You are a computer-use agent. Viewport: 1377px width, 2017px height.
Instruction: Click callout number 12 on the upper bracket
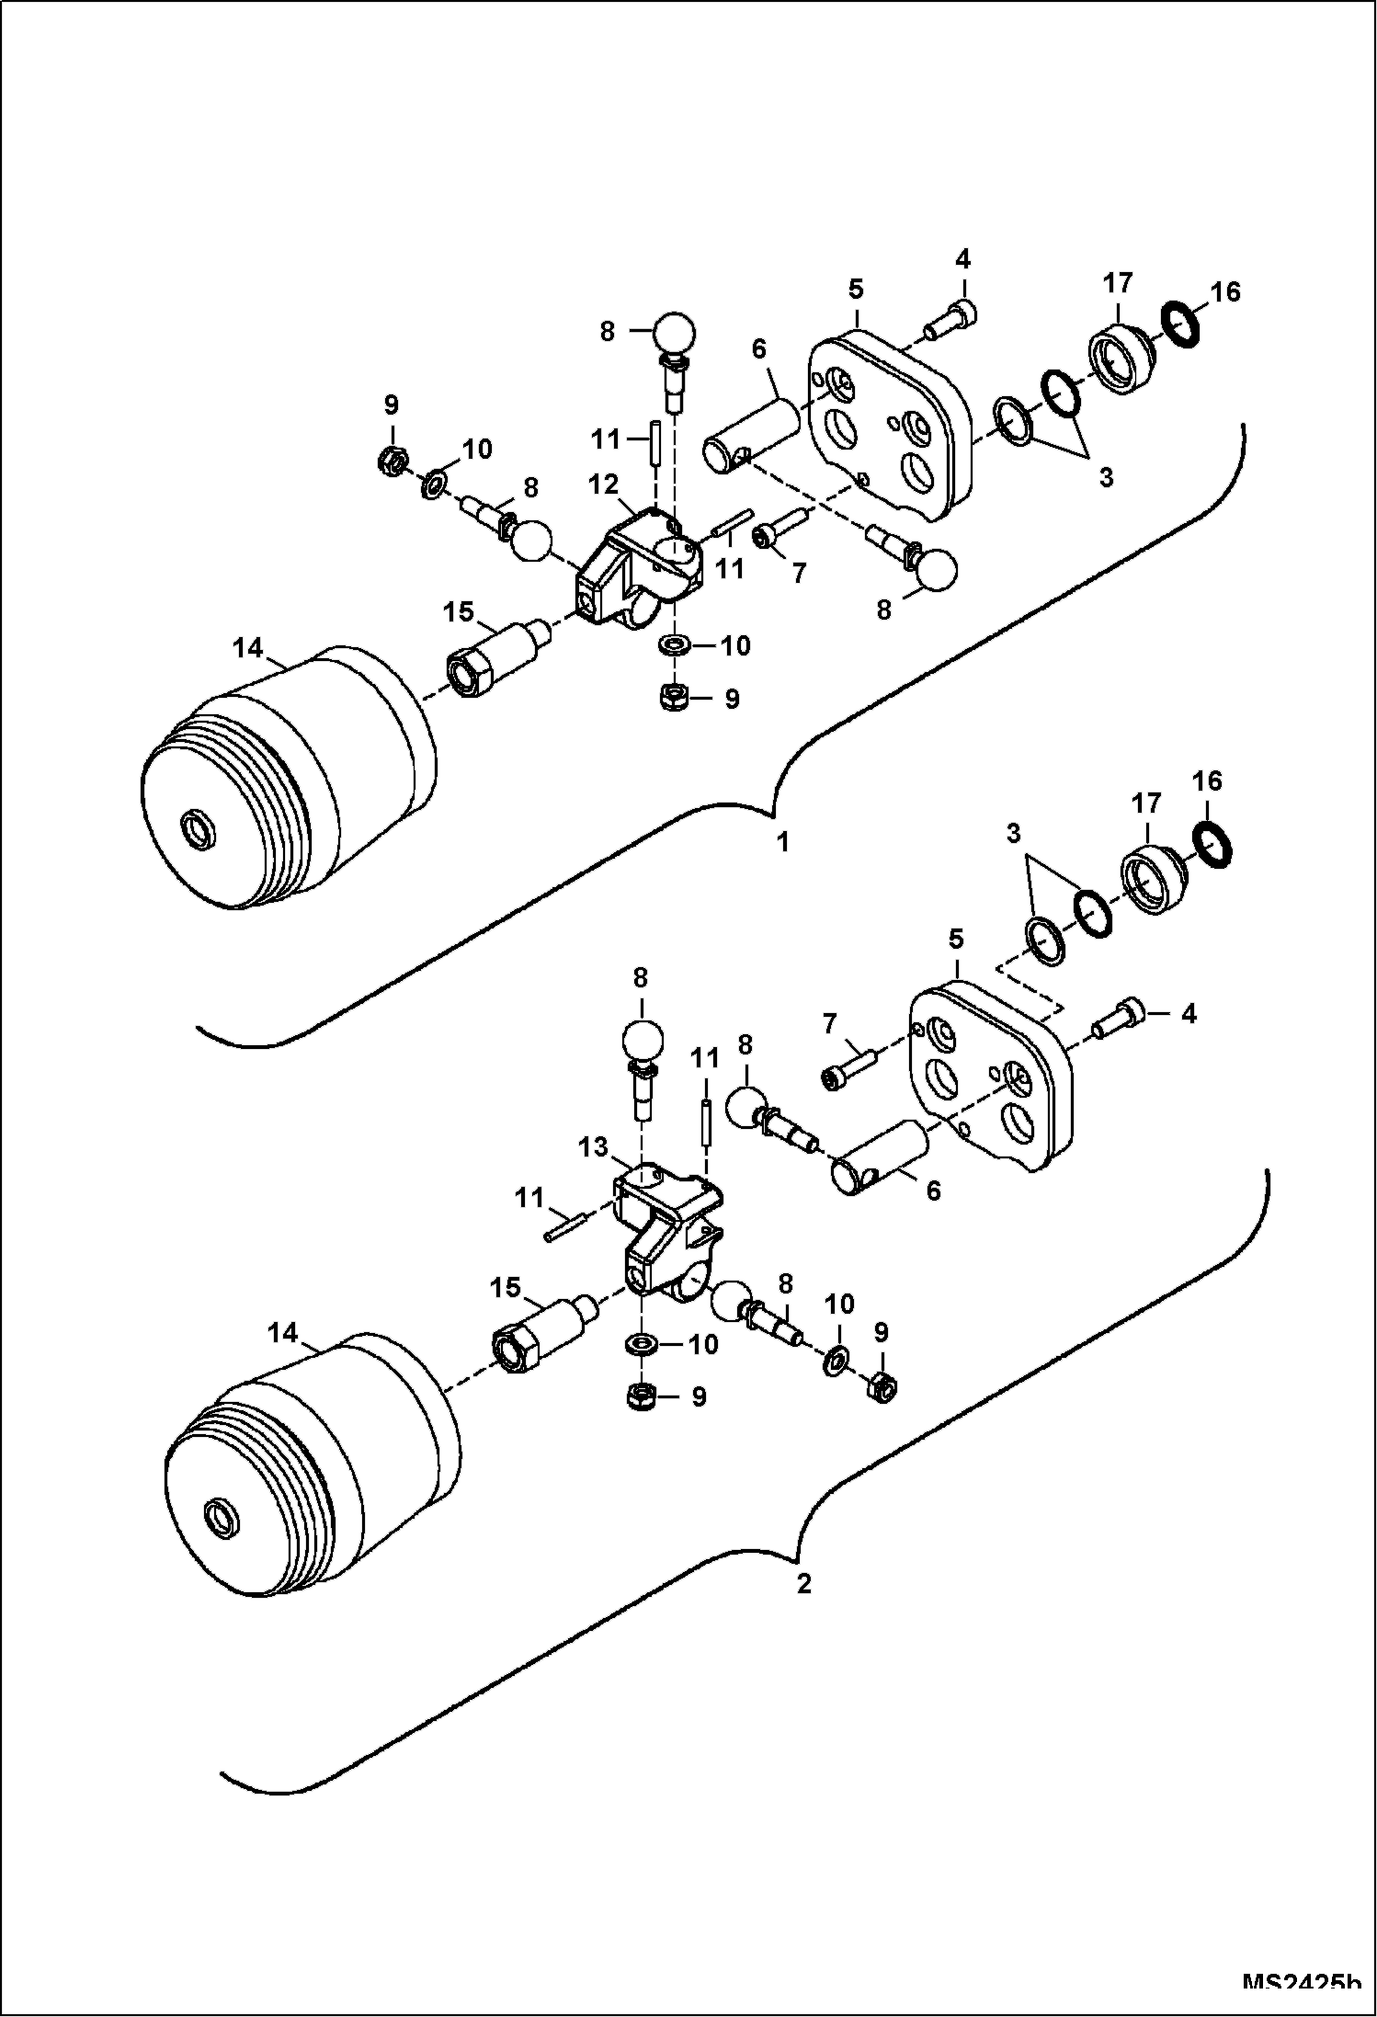(606, 484)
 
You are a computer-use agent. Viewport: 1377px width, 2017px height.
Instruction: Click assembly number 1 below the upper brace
(783, 841)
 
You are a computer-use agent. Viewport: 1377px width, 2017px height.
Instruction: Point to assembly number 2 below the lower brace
(803, 1584)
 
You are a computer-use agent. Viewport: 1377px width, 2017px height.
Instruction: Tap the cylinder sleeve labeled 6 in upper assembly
(753, 430)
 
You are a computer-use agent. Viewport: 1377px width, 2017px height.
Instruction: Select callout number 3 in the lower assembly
(1013, 834)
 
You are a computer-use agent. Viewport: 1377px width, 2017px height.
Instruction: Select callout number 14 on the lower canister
(283, 1332)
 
